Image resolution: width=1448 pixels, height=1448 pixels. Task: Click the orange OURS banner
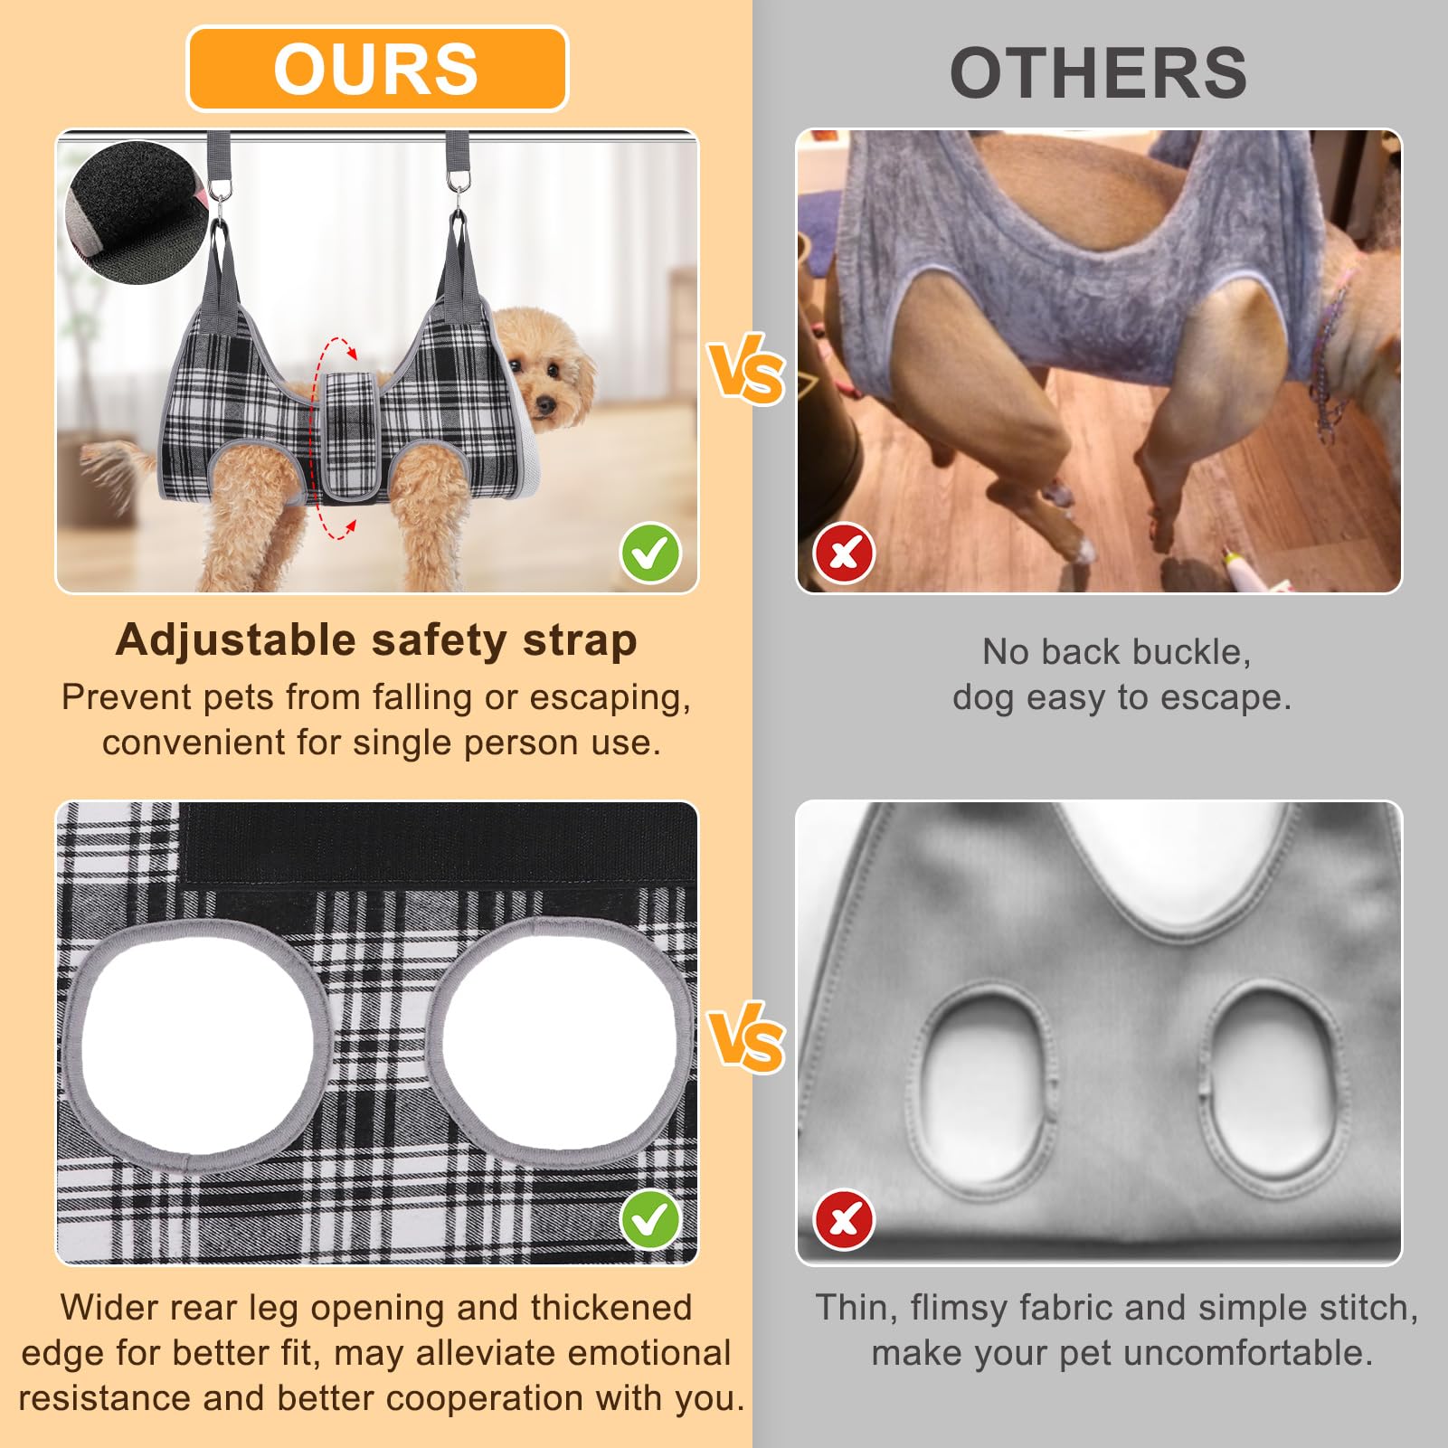pyautogui.click(x=377, y=69)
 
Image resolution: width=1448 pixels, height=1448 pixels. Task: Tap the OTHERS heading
pyautogui.click(x=1098, y=73)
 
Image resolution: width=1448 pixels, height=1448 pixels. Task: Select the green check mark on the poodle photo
pyautogui.click(x=650, y=553)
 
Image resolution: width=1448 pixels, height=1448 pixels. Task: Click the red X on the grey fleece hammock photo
pyautogui.click(x=845, y=553)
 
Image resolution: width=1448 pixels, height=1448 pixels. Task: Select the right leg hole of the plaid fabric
pyautogui.click(x=559, y=1041)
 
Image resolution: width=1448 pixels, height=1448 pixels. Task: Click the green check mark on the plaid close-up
pyautogui.click(x=650, y=1220)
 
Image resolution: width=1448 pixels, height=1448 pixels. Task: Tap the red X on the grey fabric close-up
pyautogui.click(x=845, y=1220)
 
